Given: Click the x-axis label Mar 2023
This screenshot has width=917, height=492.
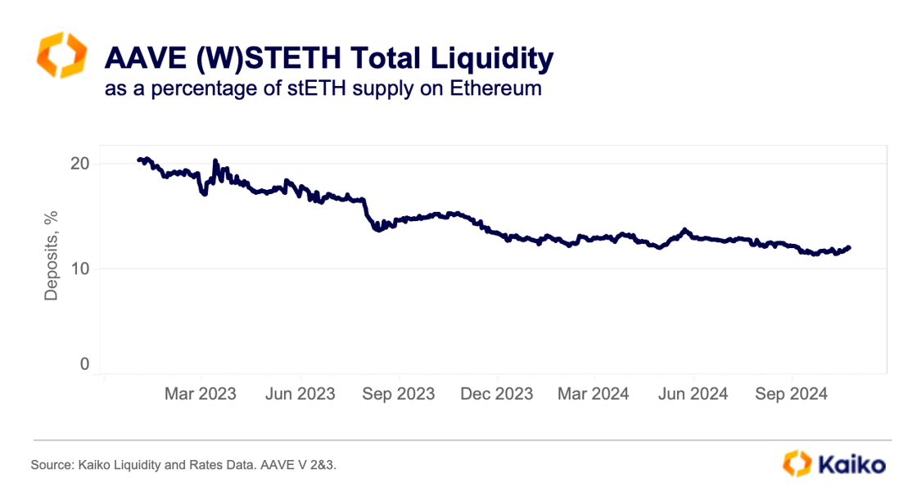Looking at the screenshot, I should point(200,394).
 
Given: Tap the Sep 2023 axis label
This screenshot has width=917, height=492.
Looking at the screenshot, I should point(398,394).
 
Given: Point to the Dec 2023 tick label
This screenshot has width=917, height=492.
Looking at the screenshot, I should point(496,394).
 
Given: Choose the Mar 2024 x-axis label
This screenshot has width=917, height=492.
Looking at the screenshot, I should point(594,394).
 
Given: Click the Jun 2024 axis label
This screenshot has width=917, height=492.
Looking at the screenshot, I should point(693,394).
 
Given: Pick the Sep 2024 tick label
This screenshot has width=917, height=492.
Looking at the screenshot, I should point(792,394).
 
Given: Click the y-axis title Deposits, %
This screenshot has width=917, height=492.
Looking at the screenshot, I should point(52,255).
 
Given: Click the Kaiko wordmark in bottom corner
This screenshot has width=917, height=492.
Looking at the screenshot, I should point(850,464).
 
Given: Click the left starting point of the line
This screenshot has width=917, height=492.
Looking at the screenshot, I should point(138,160).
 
